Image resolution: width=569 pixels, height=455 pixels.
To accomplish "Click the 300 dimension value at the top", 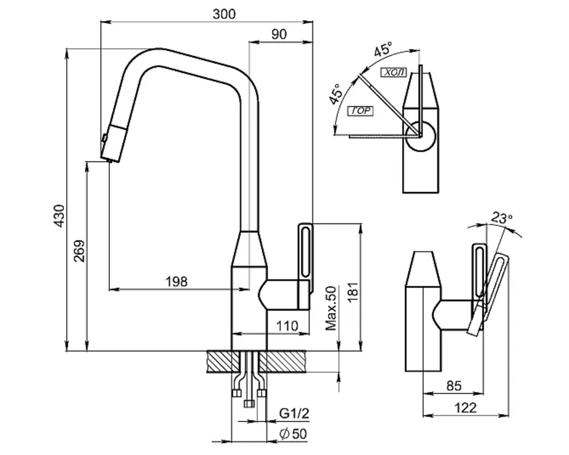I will (224, 14).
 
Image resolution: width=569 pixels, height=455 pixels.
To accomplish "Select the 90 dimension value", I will (279, 34).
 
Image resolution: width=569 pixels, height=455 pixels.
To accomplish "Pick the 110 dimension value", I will (287, 326).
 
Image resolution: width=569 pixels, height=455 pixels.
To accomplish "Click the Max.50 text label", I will (331, 309).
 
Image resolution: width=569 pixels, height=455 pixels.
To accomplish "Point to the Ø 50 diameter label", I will (293, 434).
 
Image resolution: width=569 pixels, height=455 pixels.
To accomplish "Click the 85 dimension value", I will (453, 386).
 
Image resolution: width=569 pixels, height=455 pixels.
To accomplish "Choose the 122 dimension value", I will (465, 408).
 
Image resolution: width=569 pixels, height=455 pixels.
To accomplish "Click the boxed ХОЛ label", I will (394, 72).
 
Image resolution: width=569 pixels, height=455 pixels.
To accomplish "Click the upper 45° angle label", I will (383, 50).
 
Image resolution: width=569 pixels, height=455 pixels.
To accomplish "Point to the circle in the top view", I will (421, 136).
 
